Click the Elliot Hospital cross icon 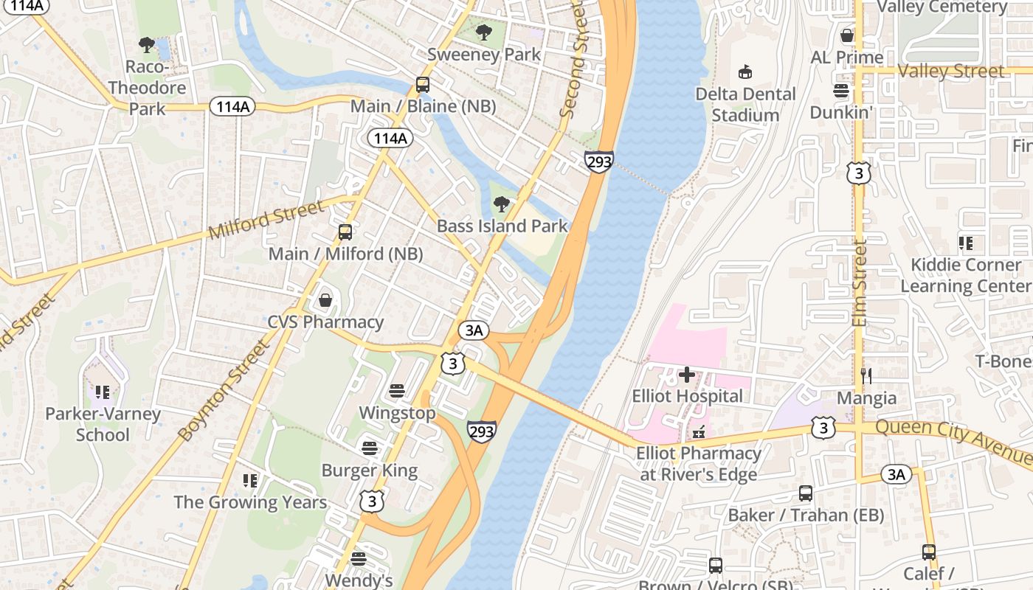pos(686,375)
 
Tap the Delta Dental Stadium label pos(746,105)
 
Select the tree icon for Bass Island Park pos(502,204)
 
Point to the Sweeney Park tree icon pos(484,32)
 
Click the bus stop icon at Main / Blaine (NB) pos(423,85)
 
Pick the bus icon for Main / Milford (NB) pos(345,232)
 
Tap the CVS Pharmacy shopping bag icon pos(325,300)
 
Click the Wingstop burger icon pos(397,391)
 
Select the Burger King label pos(370,471)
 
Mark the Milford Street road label pos(266,221)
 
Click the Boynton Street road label pos(225,391)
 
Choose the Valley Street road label pos(952,71)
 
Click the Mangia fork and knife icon pos(866,376)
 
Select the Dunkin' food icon pos(841,91)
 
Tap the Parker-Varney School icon pos(102,392)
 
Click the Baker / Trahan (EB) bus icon pos(806,493)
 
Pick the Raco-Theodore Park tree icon pos(147,45)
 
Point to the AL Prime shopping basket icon pos(847,35)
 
